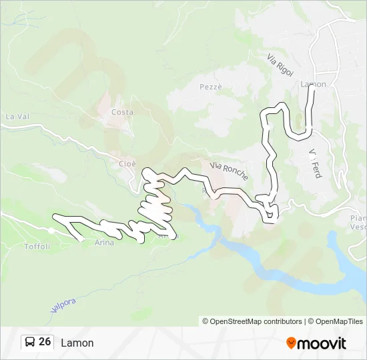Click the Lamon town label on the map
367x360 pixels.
point(314,85)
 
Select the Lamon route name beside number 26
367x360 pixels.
point(77,343)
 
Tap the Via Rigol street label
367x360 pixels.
point(280,65)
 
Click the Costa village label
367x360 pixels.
point(122,112)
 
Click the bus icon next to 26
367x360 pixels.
point(30,342)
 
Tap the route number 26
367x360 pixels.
point(45,342)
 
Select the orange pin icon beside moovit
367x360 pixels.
point(291,343)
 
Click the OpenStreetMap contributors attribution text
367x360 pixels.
point(252,321)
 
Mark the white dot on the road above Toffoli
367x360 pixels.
point(51,231)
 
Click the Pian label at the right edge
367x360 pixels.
point(358,218)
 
